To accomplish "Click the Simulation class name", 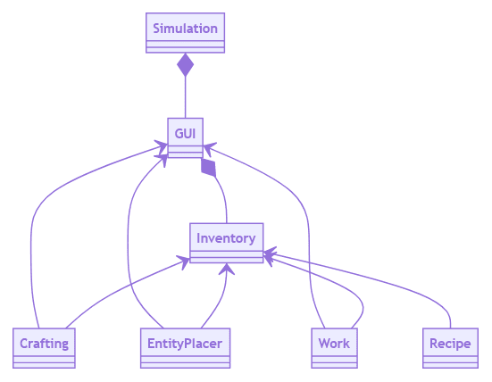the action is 185,29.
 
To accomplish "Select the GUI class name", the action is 185,134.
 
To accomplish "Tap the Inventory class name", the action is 226,238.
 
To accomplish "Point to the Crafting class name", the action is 44,344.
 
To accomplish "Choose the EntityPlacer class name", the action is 185,344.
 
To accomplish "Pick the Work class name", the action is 334,344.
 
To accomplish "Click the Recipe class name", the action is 450,344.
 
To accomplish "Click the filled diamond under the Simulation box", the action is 185,65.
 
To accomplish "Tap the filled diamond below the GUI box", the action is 208,167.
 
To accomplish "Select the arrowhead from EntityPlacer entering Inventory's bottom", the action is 227,269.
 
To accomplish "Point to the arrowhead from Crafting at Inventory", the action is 184,262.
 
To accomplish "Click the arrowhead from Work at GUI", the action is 210,148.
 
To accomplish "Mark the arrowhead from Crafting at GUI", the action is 162,146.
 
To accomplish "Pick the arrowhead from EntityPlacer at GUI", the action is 162,160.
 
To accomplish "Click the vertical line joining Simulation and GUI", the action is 185,97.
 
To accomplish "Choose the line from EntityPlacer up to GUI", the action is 128,238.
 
